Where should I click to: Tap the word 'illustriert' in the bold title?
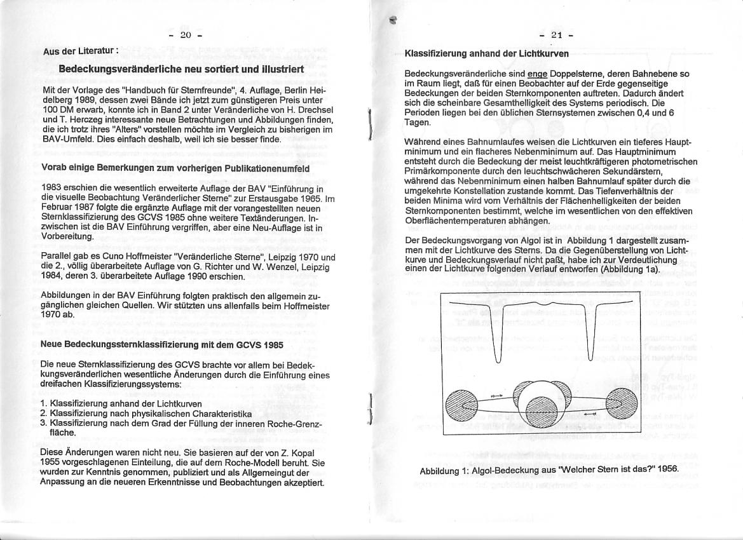[277, 69]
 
